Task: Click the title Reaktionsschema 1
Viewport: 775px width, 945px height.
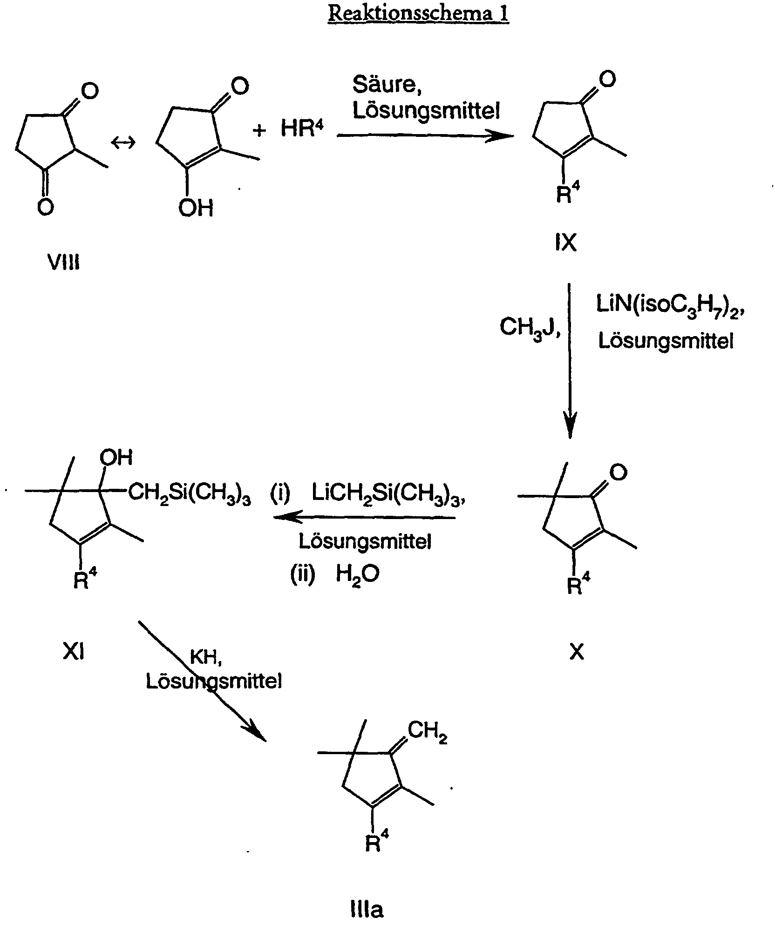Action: (x=418, y=13)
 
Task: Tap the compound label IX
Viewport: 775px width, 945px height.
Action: (x=566, y=243)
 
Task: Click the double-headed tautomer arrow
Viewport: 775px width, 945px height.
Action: (x=123, y=143)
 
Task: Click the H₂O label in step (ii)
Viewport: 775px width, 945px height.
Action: (x=358, y=574)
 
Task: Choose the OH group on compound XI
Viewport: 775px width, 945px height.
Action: (x=116, y=458)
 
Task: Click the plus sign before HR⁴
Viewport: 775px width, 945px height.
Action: (x=259, y=130)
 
